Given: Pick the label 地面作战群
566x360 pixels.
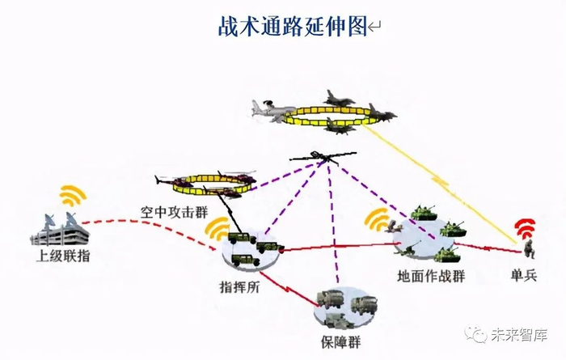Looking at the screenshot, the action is click(431, 276).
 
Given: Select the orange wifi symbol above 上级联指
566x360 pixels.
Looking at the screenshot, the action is click(72, 196).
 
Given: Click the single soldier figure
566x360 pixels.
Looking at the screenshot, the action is click(528, 249).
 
